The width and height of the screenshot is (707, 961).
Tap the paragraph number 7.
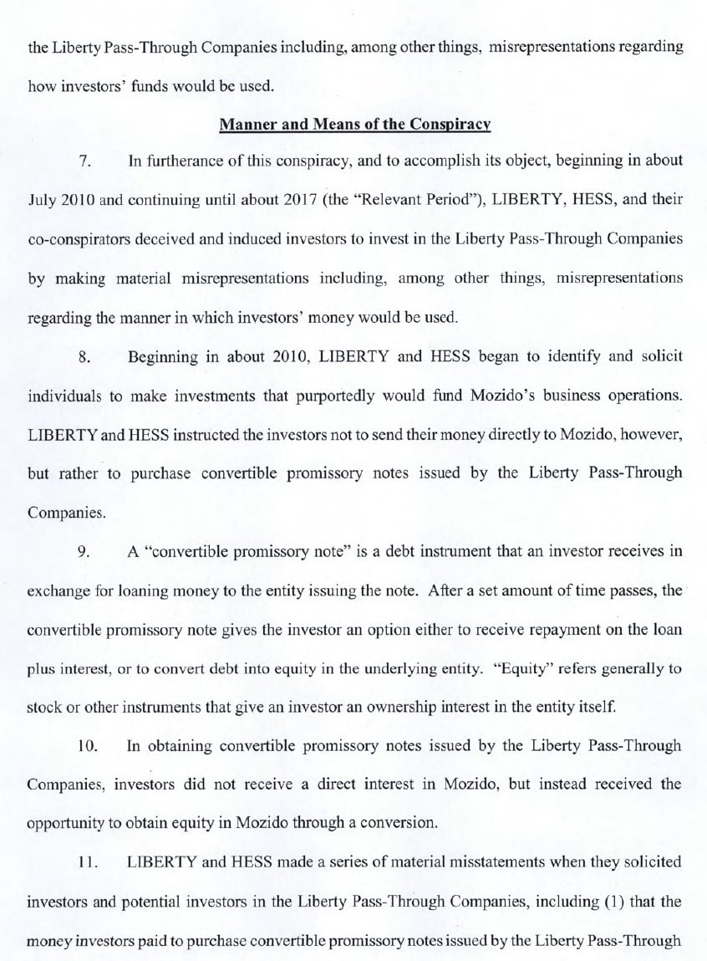[x=85, y=161]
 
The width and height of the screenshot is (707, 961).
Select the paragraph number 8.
[x=85, y=356]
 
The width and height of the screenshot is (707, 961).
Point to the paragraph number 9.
[x=85, y=551]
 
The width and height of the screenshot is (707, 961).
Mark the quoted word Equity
[x=503, y=667]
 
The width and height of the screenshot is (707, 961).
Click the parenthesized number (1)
[x=603, y=901]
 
